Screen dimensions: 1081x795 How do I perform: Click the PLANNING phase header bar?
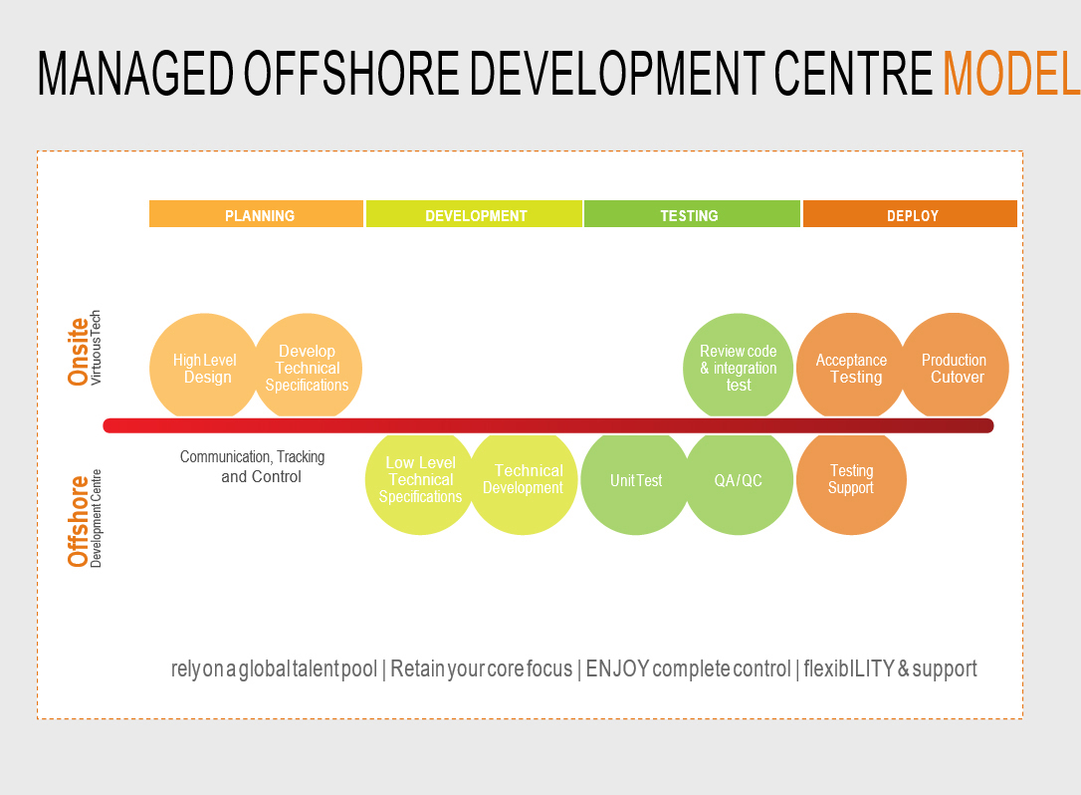point(256,214)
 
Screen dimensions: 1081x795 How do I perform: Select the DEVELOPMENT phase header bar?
point(474,214)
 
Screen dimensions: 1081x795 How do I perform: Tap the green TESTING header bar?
point(692,214)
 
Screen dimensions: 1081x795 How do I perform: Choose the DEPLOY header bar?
point(910,214)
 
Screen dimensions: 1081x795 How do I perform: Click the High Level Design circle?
point(204,367)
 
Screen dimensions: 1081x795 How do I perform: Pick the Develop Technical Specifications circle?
point(308,367)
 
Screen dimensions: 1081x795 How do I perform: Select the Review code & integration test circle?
point(738,367)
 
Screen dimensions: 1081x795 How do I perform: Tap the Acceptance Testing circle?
point(851,367)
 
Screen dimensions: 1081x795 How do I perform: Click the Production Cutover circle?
point(955,367)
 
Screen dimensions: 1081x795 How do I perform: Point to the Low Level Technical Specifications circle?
point(420,482)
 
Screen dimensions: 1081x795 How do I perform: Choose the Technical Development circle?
point(523,482)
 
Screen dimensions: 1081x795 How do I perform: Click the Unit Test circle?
point(636,482)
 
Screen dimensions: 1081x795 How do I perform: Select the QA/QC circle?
point(739,482)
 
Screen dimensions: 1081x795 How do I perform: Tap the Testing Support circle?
point(851,482)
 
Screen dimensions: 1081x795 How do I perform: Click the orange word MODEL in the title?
point(1011,73)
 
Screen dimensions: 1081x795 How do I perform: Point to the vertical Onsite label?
point(78,352)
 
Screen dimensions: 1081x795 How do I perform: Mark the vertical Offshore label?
point(78,521)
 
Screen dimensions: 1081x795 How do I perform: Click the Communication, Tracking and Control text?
point(252,466)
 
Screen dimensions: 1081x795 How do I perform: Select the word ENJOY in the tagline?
point(617,668)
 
